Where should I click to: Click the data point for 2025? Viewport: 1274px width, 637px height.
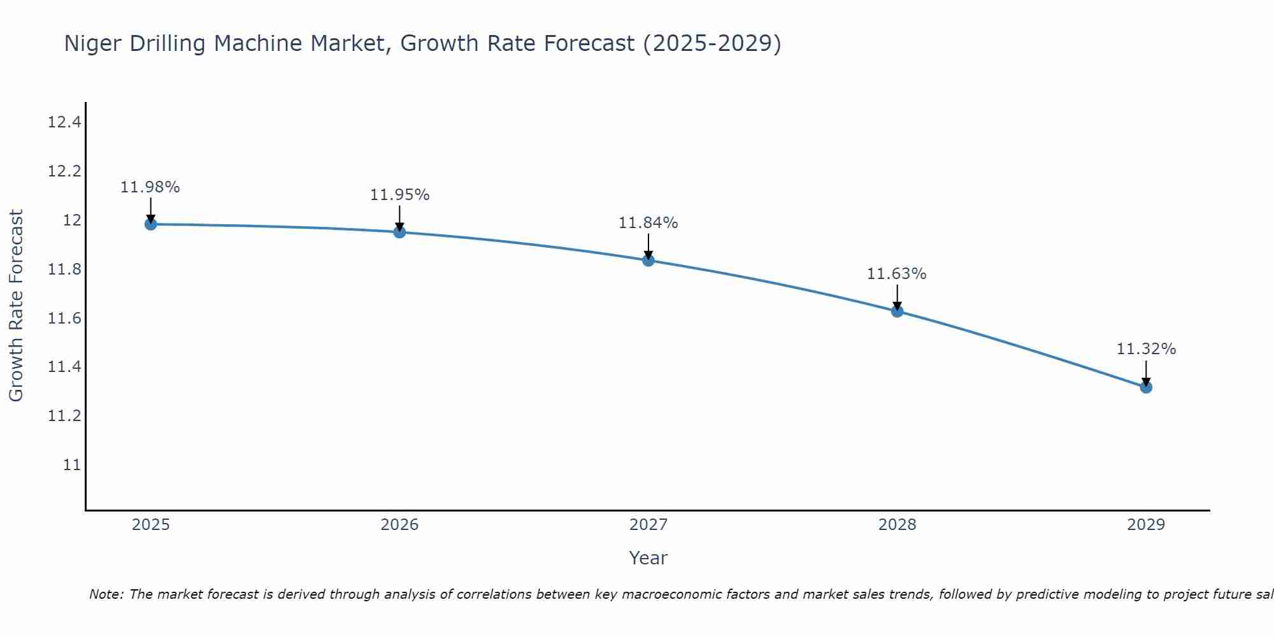151,224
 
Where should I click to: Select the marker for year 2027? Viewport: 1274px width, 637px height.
648,260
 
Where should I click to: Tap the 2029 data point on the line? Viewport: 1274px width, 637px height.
1146,387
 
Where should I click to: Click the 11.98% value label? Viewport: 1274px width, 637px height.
150,187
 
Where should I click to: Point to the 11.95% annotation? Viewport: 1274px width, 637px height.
400,195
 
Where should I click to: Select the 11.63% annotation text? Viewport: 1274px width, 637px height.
896,274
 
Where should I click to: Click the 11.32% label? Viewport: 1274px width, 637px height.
1146,349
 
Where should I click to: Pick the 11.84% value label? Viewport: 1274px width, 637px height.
648,223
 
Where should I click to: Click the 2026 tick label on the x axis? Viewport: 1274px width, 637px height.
399,525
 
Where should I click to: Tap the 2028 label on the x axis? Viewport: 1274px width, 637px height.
897,525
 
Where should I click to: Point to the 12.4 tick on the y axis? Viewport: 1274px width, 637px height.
64,122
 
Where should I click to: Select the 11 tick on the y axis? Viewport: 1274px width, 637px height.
72,465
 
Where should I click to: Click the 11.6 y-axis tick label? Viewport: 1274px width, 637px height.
64,318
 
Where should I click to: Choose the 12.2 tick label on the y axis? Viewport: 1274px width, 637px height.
64,171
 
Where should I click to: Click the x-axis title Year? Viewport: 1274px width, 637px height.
648,558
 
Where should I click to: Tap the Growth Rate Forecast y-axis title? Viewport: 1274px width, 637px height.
17,306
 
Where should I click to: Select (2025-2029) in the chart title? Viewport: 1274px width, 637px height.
712,44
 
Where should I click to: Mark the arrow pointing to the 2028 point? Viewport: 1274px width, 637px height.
897,297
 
